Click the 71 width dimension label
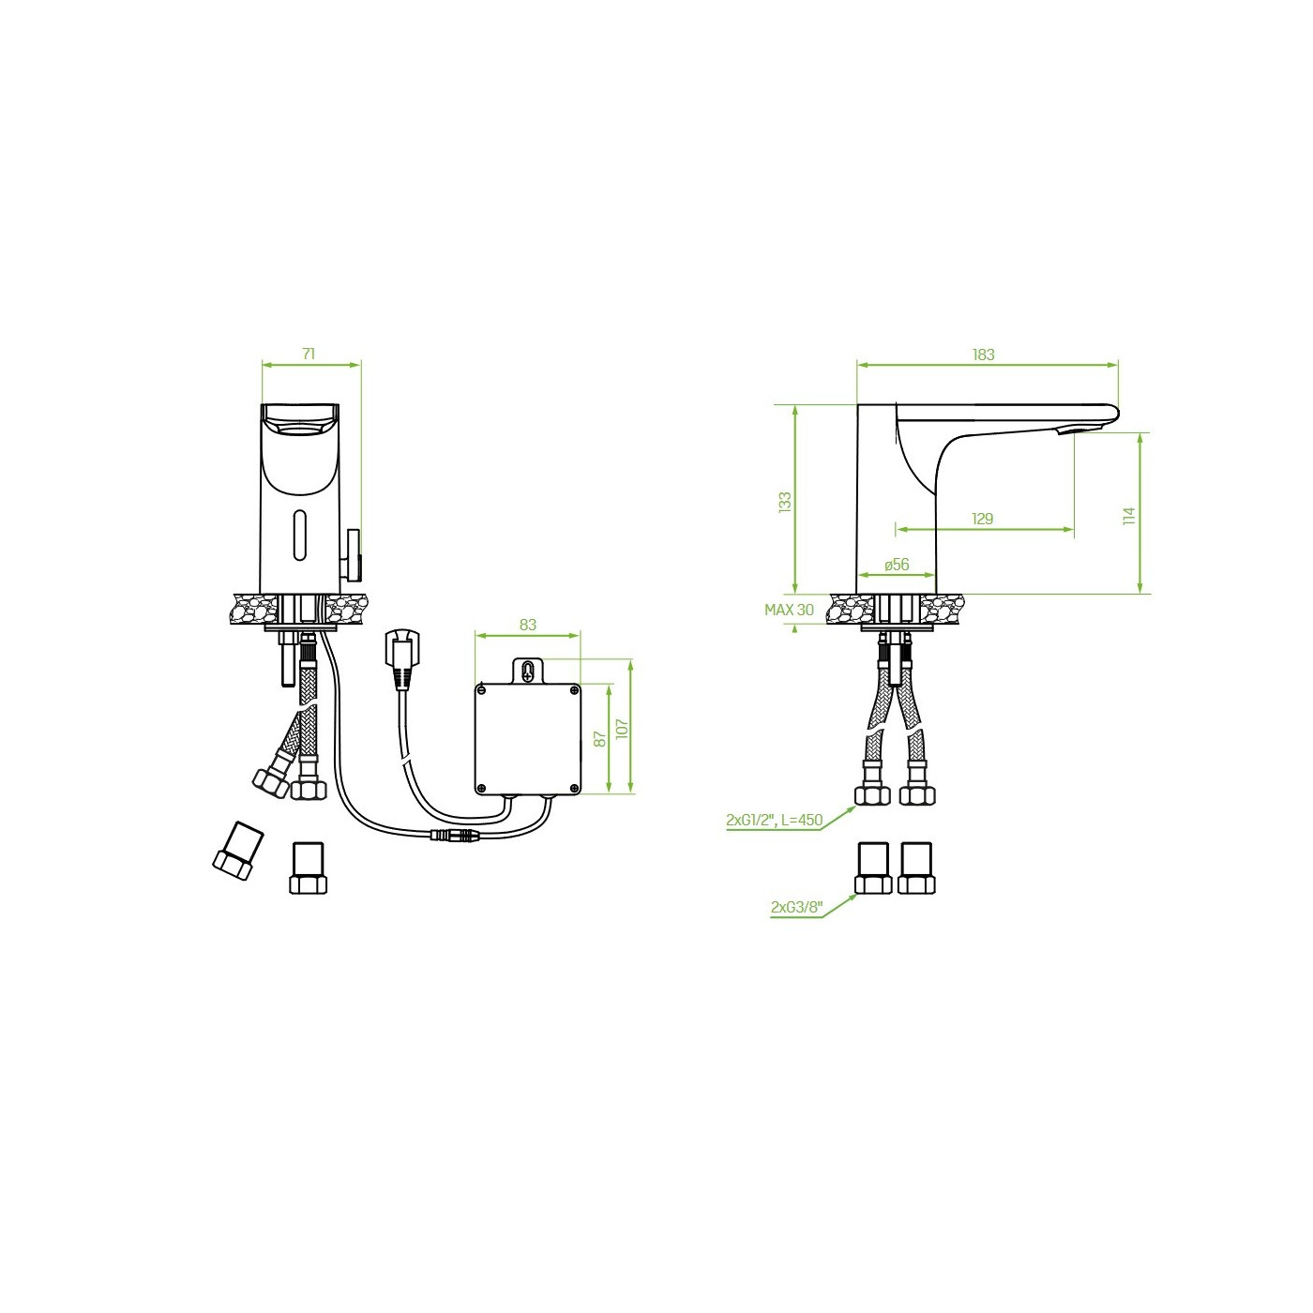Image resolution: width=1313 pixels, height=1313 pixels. coord(309,354)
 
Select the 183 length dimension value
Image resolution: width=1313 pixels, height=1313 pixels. coord(984,355)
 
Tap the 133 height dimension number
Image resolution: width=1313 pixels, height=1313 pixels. coord(785,502)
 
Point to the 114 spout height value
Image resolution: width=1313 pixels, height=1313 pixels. coord(1130,515)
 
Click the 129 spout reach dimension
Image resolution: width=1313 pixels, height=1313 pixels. coord(982,519)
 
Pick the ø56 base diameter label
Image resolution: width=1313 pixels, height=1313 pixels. coord(897,565)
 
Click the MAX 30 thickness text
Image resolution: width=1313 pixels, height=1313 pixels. coord(789,610)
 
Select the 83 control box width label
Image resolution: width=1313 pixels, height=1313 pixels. coord(527,624)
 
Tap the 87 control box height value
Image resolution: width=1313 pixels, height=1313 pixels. coord(599,739)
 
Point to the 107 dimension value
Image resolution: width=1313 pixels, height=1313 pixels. coord(622,728)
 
